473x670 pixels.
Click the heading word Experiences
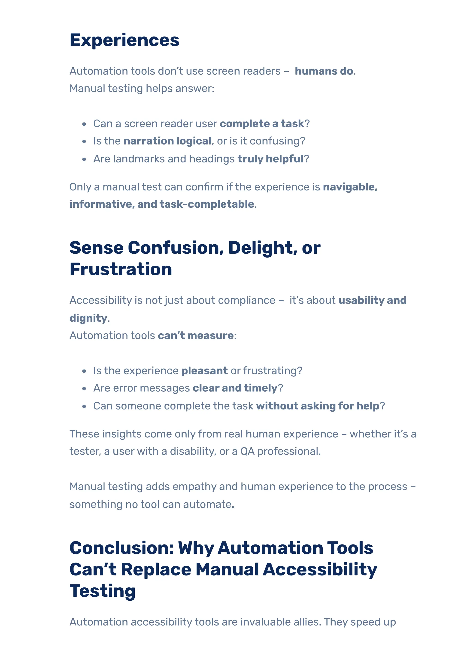click(124, 40)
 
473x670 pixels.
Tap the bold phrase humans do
click(324, 71)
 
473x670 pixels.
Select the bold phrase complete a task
click(262, 124)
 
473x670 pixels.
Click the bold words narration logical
click(167, 141)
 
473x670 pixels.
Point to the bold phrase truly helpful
click(270, 159)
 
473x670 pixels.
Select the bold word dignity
click(88, 318)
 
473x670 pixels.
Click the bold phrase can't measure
click(196, 336)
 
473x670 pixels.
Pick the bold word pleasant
click(204, 371)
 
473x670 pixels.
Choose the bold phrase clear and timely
click(235, 388)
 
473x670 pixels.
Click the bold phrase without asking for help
click(318, 406)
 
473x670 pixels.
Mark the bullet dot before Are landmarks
click(84, 159)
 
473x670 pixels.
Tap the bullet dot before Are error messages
click(84, 389)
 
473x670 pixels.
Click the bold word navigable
click(350, 187)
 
